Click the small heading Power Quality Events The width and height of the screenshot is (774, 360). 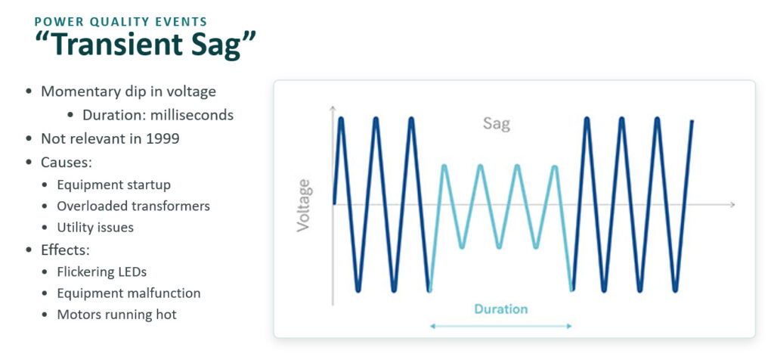(120, 21)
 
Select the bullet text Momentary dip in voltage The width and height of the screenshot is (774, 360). (128, 92)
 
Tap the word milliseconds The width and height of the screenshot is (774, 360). (192, 115)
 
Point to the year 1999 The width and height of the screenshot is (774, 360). (163, 138)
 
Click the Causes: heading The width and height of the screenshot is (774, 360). (67, 162)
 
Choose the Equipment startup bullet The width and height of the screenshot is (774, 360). (114, 185)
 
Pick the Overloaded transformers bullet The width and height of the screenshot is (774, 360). (133, 206)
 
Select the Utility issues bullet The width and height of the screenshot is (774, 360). (95, 228)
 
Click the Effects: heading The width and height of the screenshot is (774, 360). (66, 250)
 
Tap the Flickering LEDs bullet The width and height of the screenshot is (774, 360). (102, 272)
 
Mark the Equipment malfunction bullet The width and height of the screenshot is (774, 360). (128, 293)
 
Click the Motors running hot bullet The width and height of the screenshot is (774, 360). (116, 315)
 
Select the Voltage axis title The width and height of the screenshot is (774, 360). (303, 206)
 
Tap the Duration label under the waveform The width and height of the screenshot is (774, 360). (501, 309)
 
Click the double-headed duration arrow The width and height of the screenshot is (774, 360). (500, 326)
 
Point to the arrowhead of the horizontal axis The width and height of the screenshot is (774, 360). (732, 204)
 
